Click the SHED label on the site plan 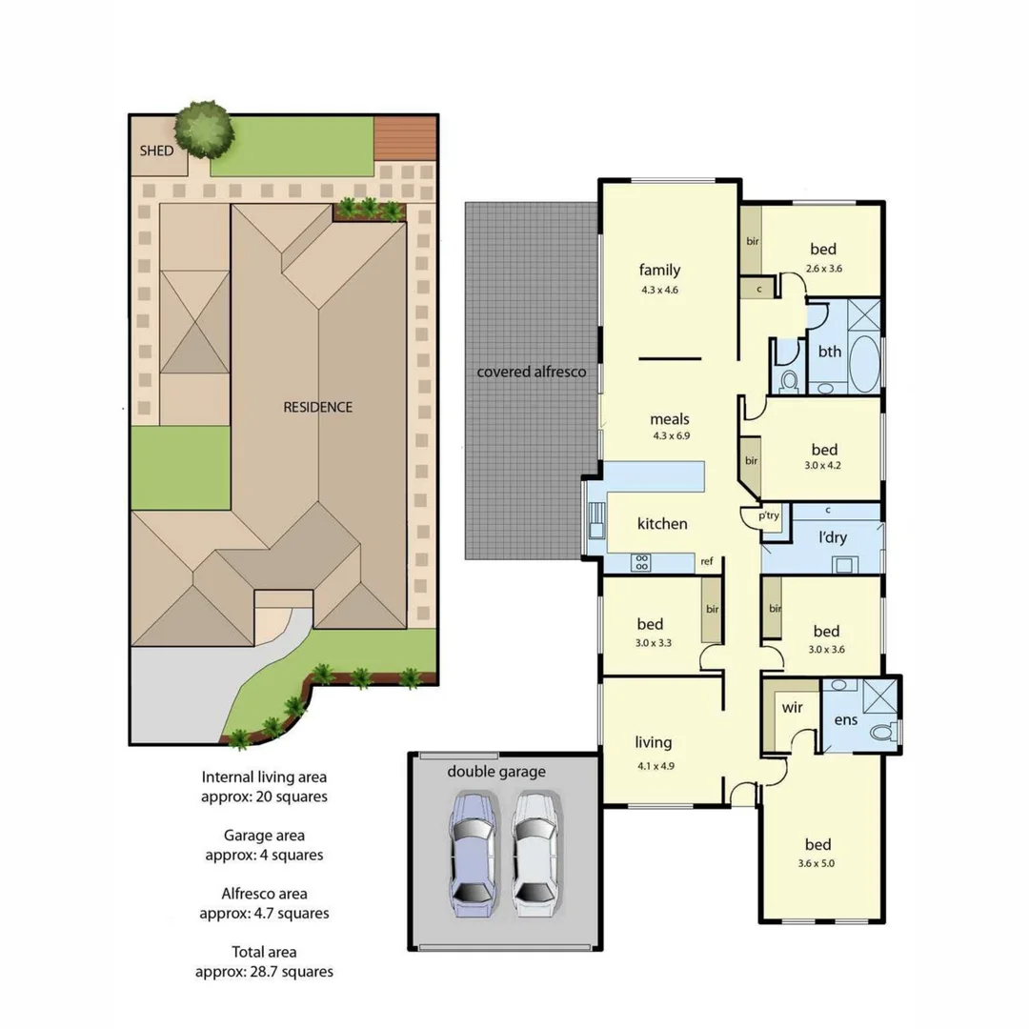click(156, 151)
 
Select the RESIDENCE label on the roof click(317, 407)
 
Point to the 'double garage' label click(496, 771)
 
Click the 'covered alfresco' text click(531, 372)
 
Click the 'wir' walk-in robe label click(792, 708)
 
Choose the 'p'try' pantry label click(769, 515)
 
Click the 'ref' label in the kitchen click(707, 561)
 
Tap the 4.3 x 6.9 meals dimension click(669, 435)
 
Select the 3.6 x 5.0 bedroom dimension click(817, 864)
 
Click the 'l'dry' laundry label click(833, 537)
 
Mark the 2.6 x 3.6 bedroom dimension click(823, 269)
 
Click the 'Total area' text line click(264, 952)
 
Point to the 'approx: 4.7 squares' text click(264, 913)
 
